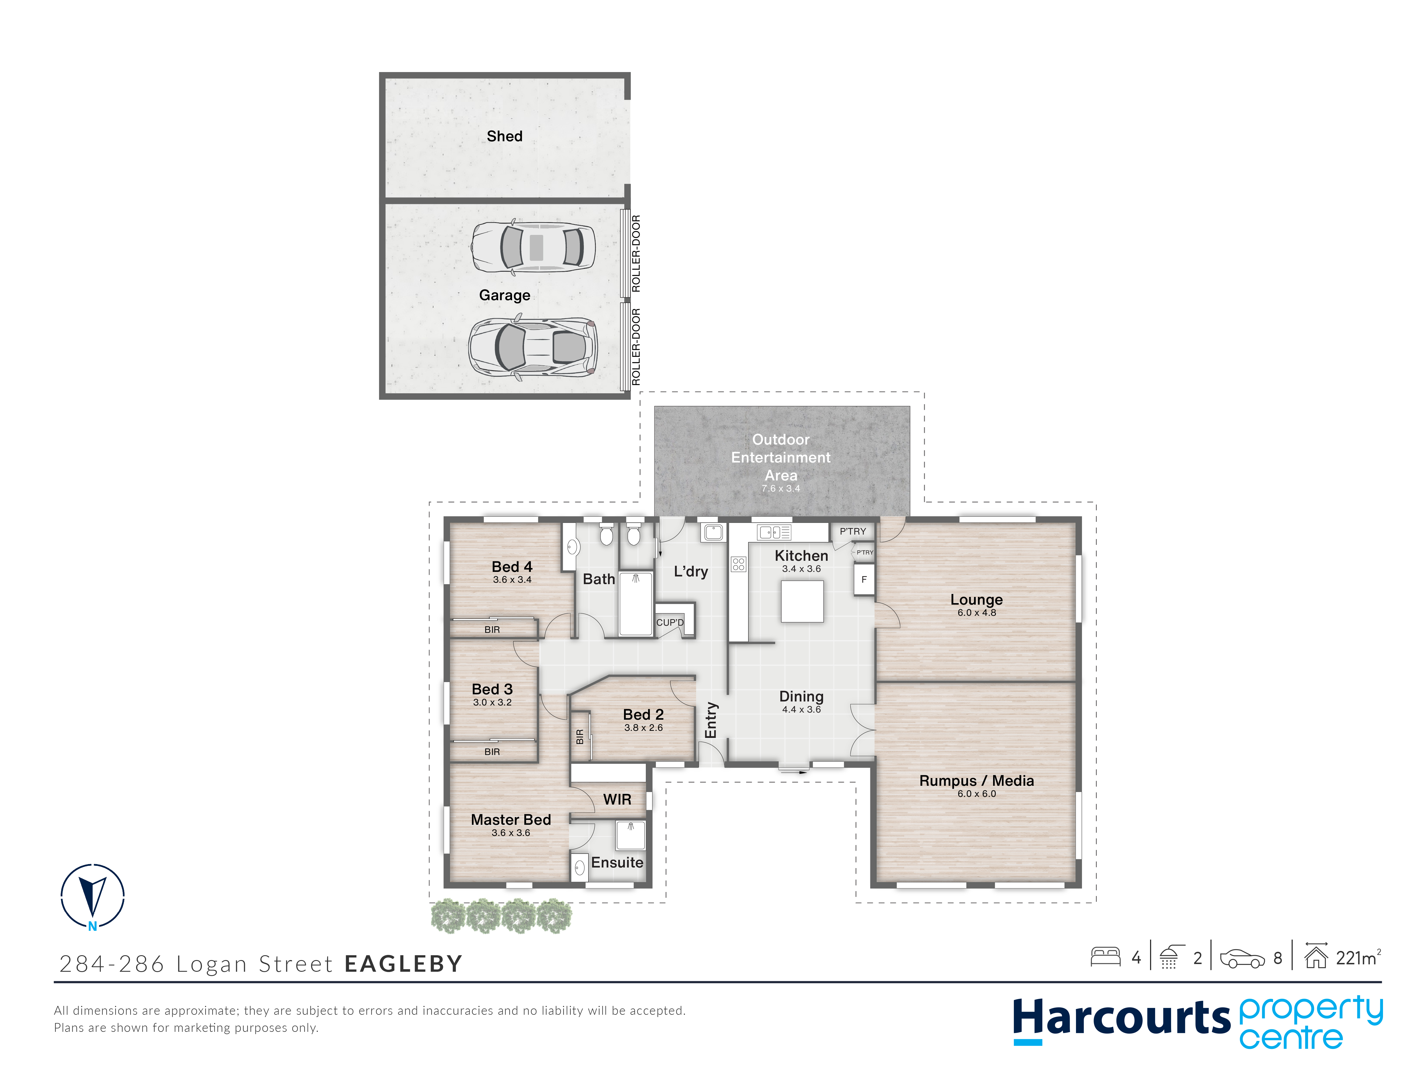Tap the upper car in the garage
[x=533, y=247]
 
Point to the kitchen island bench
[x=802, y=601]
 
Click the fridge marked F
[x=864, y=579]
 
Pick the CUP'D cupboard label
[x=670, y=623]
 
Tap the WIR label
[x=617, y=799]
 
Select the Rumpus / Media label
[x=977, y=781]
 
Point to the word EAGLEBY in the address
[x=404, y=964]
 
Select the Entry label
[x=711, y=720]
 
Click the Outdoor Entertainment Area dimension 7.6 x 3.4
[x=781, y=489]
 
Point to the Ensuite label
[x=617, y=863]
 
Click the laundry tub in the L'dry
[x=713, y=532]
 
